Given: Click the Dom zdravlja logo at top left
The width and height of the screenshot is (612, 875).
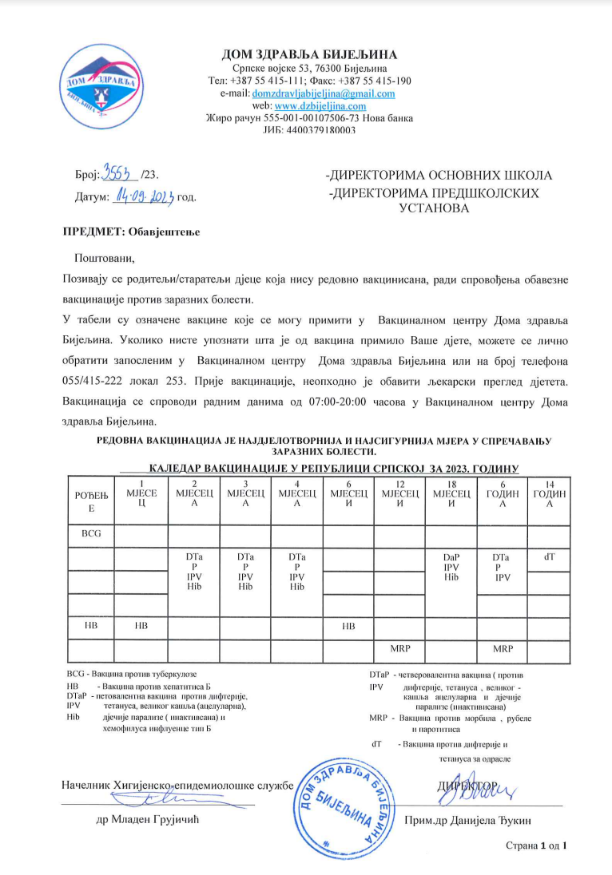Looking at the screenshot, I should (100, 86).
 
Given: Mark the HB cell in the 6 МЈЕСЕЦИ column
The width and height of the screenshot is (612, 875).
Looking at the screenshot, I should (348, 626).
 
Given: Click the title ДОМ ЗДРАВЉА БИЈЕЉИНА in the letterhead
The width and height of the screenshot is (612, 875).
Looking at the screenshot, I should (308, 54).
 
